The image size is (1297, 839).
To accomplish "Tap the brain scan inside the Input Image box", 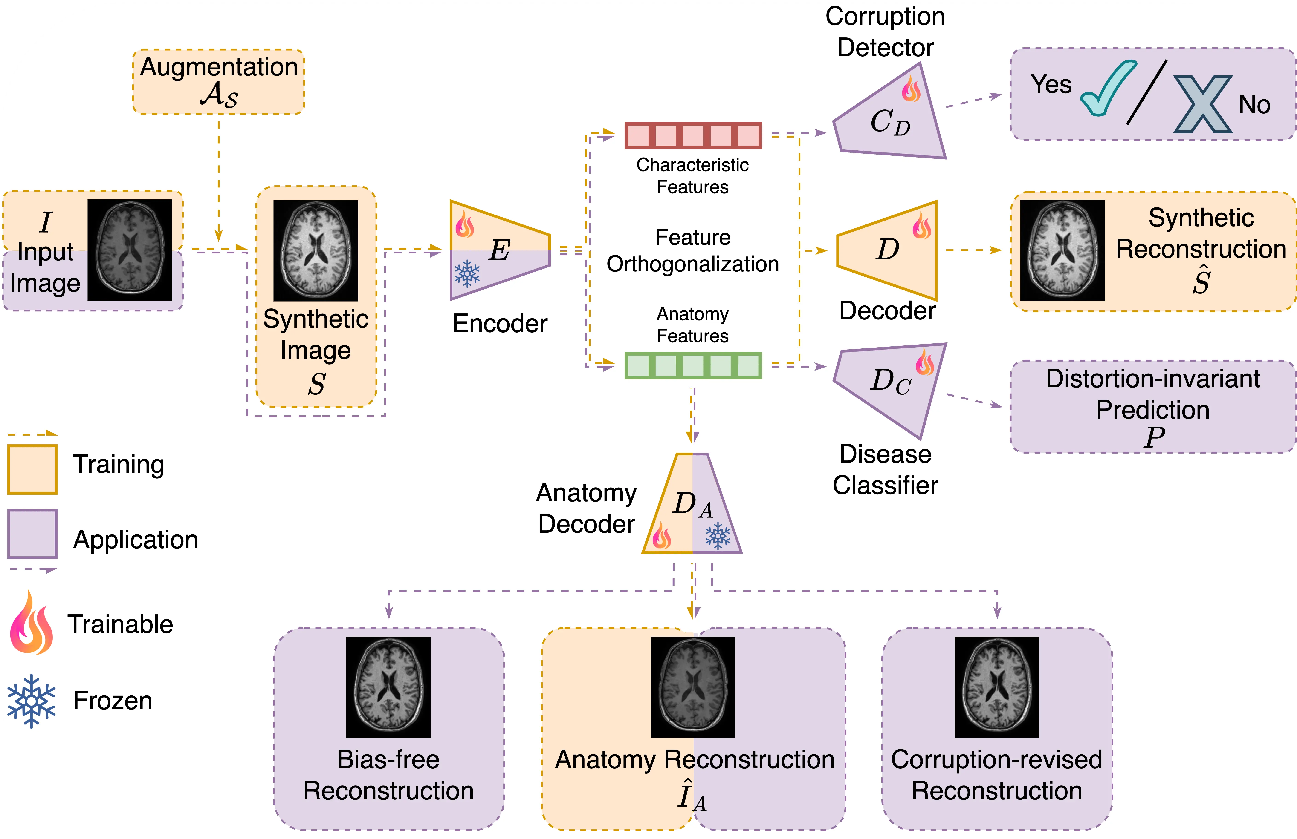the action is tap(130, 250).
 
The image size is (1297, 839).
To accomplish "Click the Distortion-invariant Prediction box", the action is tap(1153, 406).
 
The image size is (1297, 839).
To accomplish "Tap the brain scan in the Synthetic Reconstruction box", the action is tap(1063, 250).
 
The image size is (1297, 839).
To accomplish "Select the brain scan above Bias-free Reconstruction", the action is tap(388, 687).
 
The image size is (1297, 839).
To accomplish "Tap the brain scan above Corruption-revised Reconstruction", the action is tap(997, 687).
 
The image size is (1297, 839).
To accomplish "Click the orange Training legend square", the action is tap(32, 470).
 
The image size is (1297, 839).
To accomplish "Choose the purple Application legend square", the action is tap(32, 534).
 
